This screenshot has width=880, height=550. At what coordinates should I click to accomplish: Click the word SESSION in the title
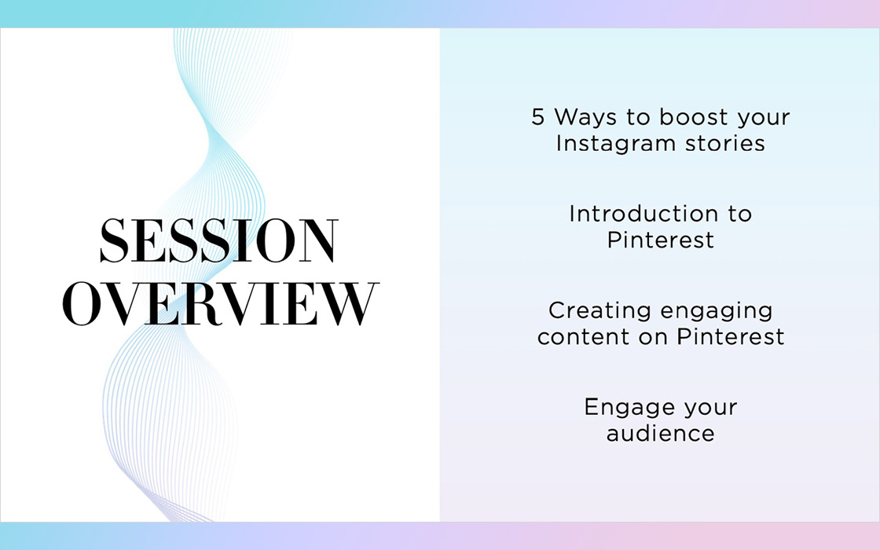(x=219, y=240)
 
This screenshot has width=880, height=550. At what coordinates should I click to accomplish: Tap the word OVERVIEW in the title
(x=220, y=303)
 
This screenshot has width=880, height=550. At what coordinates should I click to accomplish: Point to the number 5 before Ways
(x=537, y=117)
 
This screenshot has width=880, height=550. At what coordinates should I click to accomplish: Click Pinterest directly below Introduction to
(x=661, y=240)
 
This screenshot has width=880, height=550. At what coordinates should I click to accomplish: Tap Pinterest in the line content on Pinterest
(x=730, y=337)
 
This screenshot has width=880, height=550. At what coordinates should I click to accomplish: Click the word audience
(x=661, y=433)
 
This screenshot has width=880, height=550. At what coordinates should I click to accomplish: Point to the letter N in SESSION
(x=318, y=240)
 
